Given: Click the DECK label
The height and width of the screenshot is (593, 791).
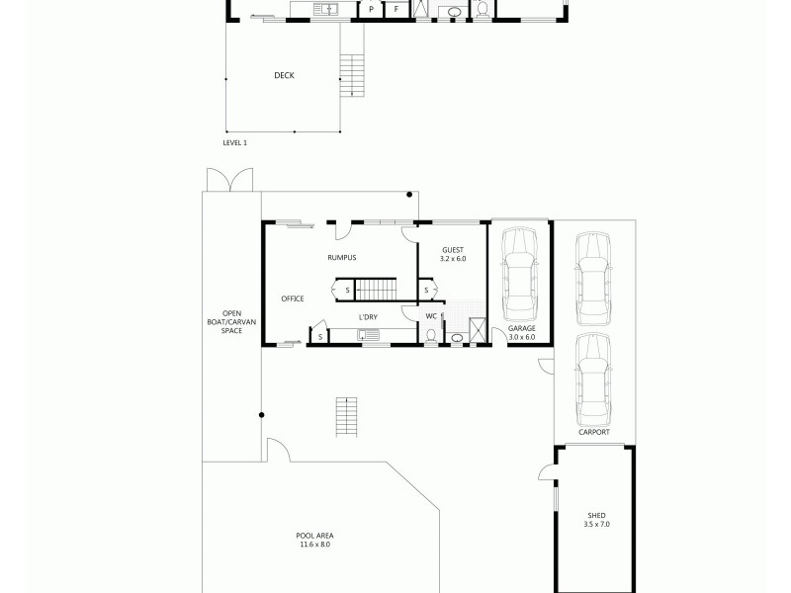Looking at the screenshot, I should click(284, 76).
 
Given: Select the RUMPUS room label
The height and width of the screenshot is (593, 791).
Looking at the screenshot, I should click(341, 258).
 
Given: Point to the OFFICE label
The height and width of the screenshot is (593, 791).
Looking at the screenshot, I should click(292, 298).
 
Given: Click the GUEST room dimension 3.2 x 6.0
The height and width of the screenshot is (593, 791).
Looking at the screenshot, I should click(453, 259).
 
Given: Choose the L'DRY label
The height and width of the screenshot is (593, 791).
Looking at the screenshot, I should click(368, 316).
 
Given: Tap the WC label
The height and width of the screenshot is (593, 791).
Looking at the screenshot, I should click(430, 316).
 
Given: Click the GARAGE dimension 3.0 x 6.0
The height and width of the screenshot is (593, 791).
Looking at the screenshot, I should click(521, 337).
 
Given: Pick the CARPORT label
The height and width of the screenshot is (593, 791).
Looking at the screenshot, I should click(593, 433).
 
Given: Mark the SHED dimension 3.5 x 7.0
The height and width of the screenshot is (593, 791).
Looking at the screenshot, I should click(596, 524).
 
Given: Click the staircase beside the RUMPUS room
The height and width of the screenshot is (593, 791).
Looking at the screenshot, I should click(375, 290).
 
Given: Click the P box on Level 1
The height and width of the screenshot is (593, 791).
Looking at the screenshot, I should click(371, 10).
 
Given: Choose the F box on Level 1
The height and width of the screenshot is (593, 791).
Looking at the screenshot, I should click(397, 10).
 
